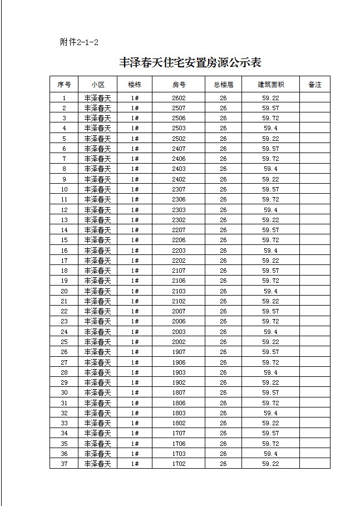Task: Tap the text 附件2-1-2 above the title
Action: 79,42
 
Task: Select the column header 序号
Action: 64,85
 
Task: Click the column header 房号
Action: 179,85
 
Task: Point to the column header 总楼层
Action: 223,85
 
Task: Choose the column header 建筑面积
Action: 270,85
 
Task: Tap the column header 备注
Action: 314,85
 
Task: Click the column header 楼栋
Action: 135,85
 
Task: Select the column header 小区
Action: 97,85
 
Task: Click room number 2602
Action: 179,98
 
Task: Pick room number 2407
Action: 179,149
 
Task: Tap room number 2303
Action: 179,210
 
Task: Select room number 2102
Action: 179,301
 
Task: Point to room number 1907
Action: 179,352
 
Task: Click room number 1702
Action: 179,464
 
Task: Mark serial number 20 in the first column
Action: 64,291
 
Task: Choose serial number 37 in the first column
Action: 64,464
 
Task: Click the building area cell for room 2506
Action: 270,118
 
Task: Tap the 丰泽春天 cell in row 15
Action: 97,240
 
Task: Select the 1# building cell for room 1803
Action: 135,413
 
